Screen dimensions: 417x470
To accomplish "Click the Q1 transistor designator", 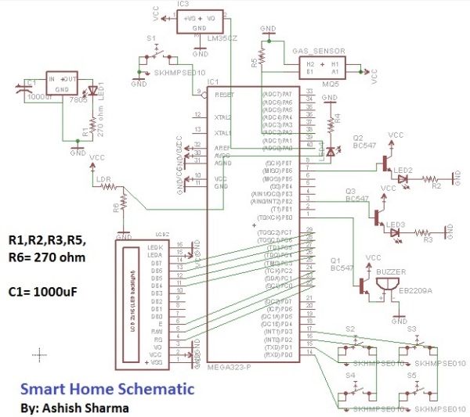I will pos(337,260).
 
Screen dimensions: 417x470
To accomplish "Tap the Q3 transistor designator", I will pos(352,191).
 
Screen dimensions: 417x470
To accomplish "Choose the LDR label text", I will pos(103,179).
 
